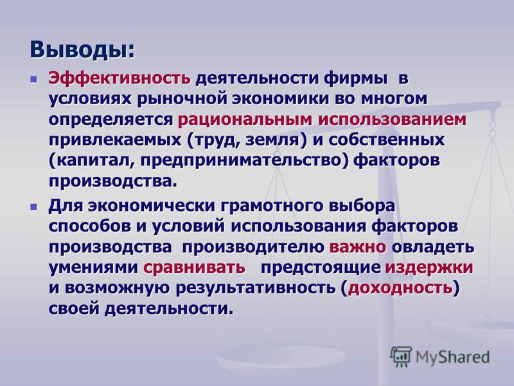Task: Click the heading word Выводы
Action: click(x=82, y=50)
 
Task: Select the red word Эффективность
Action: click(x=119, y=78)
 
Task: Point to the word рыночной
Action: click(x=182, y=99)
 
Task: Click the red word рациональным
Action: click(x=245, y=120)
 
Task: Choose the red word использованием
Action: click(x=392, y=119)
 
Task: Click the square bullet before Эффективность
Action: click(x=33, y=79)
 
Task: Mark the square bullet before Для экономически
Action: click(x=33, y=207)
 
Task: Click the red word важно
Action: click(x=358, y=247)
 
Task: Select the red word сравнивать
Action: click(x=194, y=268)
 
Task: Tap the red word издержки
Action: click(x=429, y=268)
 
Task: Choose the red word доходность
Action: click(x=400, y=288)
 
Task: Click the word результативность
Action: click(x=256, y=288)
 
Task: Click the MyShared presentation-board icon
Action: click(x=400, y=356)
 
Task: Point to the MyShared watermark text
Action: click(x=452, y=357)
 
